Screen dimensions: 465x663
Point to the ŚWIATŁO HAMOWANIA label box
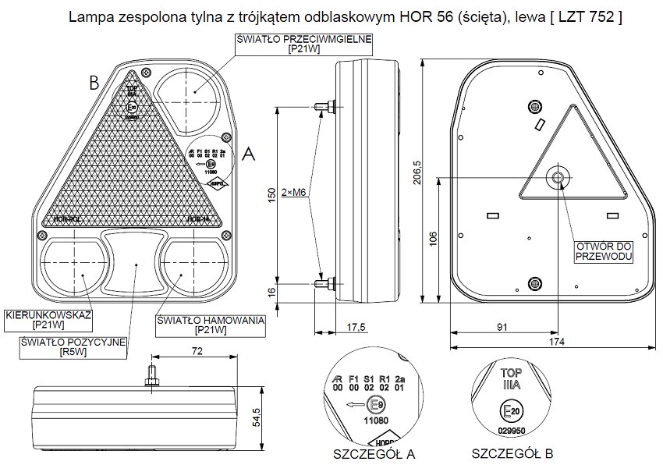pyautogui.click(x=211, y=325)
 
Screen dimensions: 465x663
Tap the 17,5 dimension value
pyautogui.click(x=356, y=328)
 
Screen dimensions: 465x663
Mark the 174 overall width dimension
pyautogui.click(x=555, y=342)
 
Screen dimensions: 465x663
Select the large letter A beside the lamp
pyautogui.click(x=249, y=154)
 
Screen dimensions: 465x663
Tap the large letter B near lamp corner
pyautogui.click(x=93, y=81)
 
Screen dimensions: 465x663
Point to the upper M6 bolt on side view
pyautogui.click(x=324, y=106)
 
